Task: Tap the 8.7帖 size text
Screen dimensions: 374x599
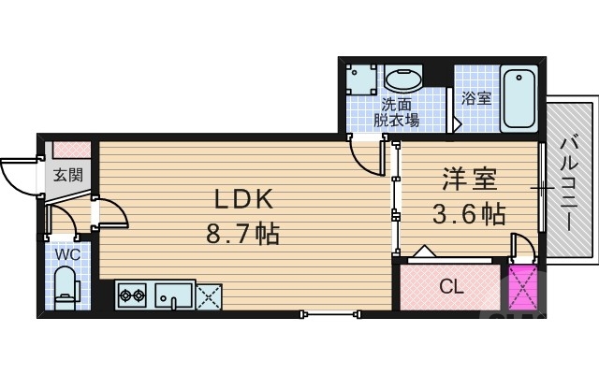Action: click(x=242, y=233)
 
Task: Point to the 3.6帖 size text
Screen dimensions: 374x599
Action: click(x=468, y=214)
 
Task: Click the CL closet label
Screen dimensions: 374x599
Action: click(x=452, y=287)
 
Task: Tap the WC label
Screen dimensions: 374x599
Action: click(x=66, y=253)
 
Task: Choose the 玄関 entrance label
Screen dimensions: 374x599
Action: click(x=66, y=174)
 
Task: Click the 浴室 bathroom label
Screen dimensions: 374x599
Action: click(x=476, y=98)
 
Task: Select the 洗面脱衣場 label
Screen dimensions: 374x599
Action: click(x=400, y=112)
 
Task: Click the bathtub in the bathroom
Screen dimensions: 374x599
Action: click(x=519, y=99)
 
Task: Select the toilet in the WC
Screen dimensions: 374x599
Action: click(x=66, y=286)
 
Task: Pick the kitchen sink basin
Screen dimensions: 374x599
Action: click(x=173, y=296)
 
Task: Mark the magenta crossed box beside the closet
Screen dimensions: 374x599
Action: click(x=522, y=288)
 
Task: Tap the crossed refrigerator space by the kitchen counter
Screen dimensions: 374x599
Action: click(x=209, y=296)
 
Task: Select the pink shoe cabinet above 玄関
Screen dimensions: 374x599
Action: click(x=71, y=150)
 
